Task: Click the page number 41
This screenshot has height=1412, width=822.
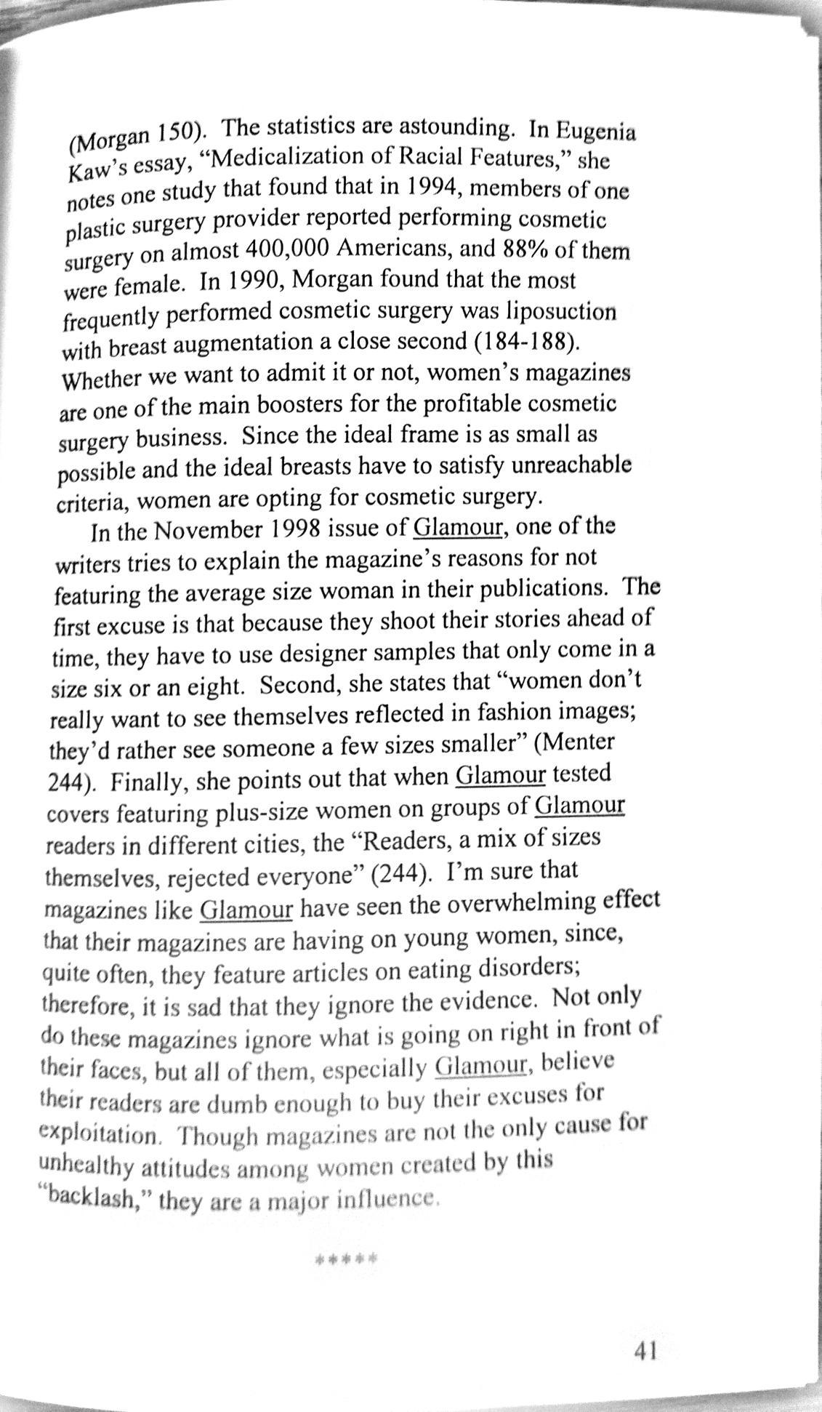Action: [645, 1350]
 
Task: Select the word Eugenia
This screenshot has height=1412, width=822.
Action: [597, 132]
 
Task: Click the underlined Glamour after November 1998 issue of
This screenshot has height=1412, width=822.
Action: [458, 526]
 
